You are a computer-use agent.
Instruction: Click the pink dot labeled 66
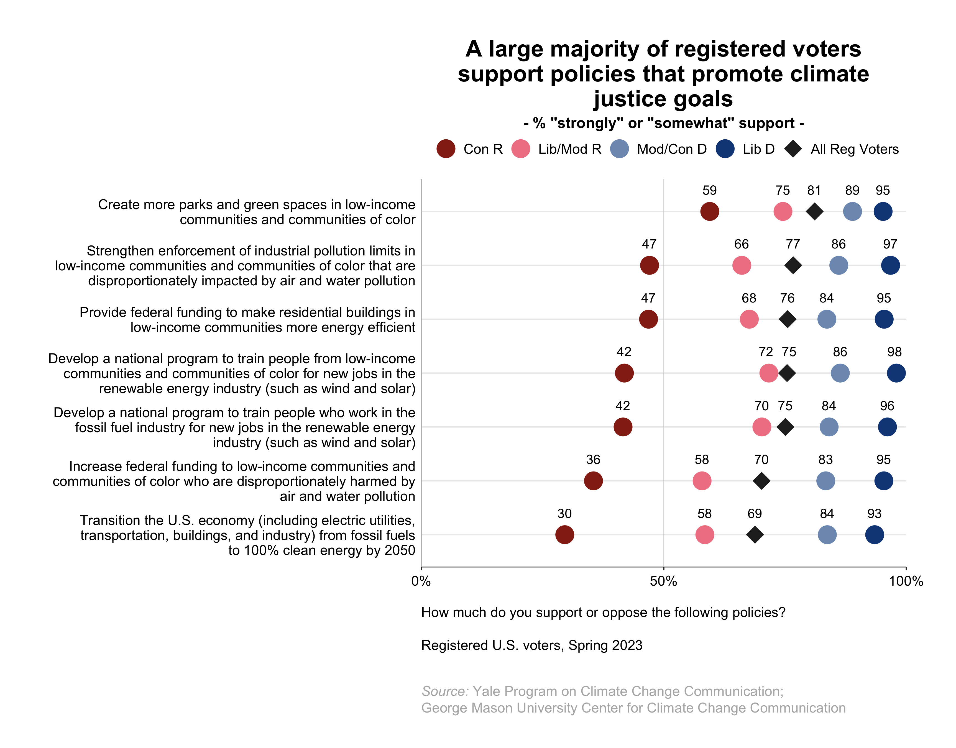[x=742, y=265]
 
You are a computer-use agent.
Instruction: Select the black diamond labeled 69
[x=755, y=535]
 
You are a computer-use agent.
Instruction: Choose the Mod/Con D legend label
[x=671, y=149]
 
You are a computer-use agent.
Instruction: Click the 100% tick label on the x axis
[x=906, y=582]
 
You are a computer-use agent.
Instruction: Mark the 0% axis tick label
[x=421, y=582]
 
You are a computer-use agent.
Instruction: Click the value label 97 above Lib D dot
[x=890, y=244]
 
